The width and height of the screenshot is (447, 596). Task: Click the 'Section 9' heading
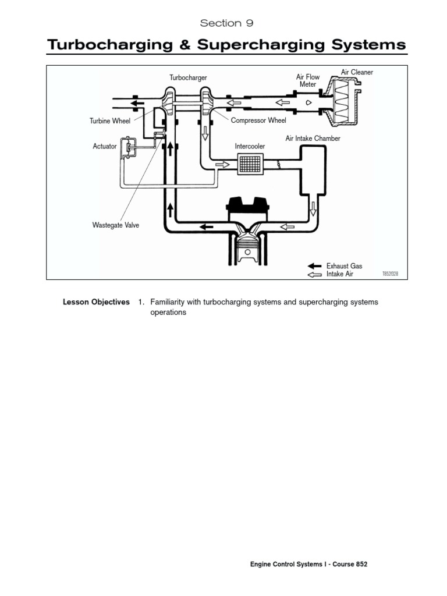(x=226, y=23)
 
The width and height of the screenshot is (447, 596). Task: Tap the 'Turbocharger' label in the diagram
(x=188, y=77)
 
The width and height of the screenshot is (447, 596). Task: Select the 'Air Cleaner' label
(x=357, y=72)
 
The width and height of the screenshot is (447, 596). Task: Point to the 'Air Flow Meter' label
(x=308, y=81)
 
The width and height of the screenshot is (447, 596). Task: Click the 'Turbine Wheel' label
(x=110, y=121)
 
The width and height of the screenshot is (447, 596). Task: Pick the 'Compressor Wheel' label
(x=258, y=121)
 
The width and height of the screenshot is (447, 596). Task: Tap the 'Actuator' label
(x=105, y=146)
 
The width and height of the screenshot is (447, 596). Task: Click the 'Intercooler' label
(x=250, y=146)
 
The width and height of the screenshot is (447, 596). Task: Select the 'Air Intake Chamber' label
(x=313, y=139)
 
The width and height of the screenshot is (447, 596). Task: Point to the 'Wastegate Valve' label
(x=116, y=225)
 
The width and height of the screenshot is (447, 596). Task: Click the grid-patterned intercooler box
(x=250, y=165)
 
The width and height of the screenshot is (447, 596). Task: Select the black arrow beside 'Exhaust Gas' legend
(x=314, y=266)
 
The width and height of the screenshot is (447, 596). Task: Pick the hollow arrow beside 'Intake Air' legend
(x=314, y=274)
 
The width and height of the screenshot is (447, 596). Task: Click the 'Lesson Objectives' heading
(x=96, y=303)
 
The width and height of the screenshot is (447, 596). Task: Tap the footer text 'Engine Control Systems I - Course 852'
(x=308, y=565)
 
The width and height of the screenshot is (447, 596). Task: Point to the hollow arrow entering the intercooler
(x=223, y=165)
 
